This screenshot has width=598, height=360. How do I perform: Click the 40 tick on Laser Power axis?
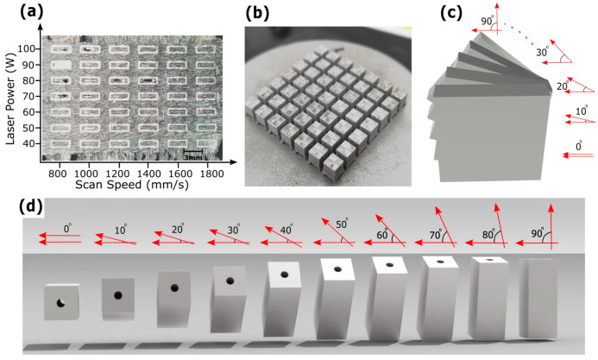click(33, 142)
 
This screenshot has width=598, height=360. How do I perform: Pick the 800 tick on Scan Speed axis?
click(58, 173)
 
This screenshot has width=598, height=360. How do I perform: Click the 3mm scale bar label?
click(195, 158)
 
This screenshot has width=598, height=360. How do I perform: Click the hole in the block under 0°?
click(60, 302)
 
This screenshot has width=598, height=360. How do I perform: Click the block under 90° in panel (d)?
click(541, 298)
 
